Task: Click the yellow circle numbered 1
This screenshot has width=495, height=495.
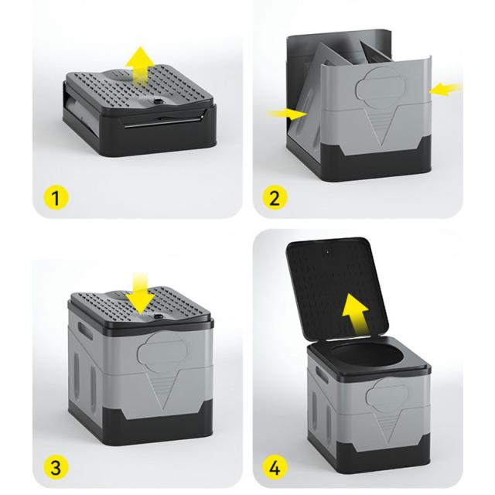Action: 56,198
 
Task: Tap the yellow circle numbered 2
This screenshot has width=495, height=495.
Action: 275,198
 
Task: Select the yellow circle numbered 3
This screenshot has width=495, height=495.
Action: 56,467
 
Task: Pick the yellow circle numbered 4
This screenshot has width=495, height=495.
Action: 275,467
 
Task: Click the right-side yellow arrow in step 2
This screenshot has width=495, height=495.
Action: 445,89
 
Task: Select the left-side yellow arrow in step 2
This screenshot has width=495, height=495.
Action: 287,114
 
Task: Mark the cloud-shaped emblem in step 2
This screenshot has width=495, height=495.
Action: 381,86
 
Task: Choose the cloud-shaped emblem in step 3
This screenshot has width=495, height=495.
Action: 162,352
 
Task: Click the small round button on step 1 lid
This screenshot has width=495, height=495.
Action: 158,101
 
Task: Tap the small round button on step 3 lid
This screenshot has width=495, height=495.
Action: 158,316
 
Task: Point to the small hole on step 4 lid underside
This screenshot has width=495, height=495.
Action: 328,252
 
